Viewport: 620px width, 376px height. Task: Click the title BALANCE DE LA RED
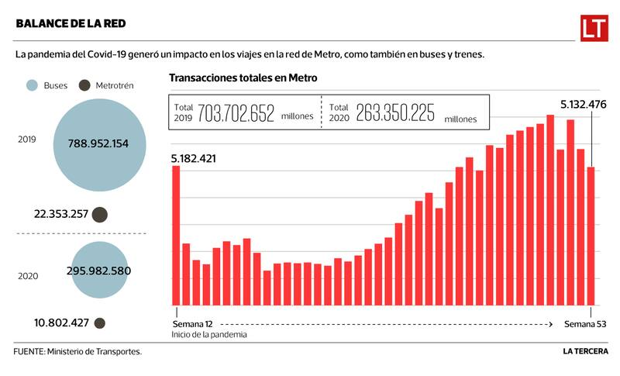click(x=71, y=24)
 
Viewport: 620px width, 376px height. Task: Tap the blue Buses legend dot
click(x=32, y=85)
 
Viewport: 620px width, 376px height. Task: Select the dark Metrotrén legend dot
click(x=84, y=85)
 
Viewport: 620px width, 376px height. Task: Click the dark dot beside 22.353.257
click(x=100, y=215)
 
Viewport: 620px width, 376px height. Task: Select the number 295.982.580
click(x=98, y=271)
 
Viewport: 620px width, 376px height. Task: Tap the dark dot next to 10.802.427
click(x=99, y=323)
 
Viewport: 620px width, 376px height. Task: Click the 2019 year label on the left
click(x=28, y=140)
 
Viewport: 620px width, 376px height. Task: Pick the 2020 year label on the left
click(x=28, y=275)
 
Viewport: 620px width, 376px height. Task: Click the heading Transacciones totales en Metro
click(x=243, y=78)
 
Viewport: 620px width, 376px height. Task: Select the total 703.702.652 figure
click(x=236, y=113)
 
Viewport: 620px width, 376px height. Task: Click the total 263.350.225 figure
click(x=384, y=113)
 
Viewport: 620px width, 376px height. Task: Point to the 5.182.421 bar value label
click(x=194, y=159)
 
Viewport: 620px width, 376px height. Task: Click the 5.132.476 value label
click(x=584, y=105)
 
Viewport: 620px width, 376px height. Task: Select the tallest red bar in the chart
click(x=550, y=209)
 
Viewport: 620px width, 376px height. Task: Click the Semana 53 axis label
click(x=585, y=323)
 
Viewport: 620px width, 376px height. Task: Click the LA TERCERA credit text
click(x=585, y=351)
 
